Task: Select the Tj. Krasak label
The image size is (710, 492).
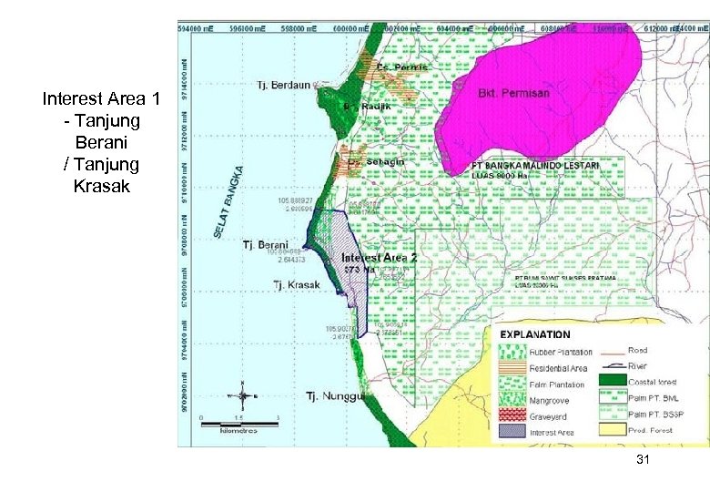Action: click(297, 285)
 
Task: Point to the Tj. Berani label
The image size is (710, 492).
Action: click(266, 245)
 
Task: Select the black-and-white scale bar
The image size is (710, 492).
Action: click(238, 420)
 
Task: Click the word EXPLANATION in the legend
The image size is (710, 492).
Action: click(535, 335)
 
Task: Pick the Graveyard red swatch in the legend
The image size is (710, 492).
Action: click(511, 415)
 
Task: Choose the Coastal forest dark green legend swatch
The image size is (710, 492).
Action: click(613, 380)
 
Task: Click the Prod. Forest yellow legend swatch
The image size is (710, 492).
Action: click(613, 429)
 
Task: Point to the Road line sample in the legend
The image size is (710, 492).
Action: click(613, 350)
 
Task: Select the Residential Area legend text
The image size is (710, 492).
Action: click(558, 368)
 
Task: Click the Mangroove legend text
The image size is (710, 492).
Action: click(550, 400)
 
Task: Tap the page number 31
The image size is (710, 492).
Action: click(643, 460)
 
